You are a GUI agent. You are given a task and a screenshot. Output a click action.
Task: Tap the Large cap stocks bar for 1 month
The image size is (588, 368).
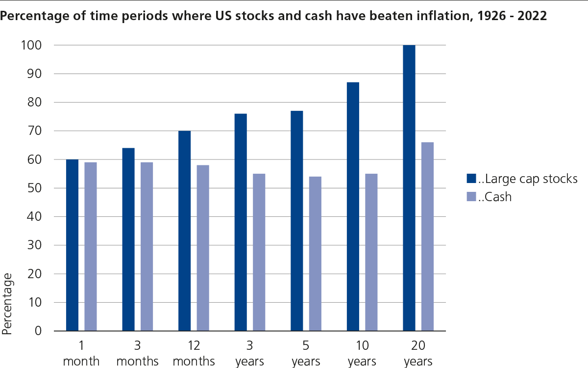[x=72, y=245]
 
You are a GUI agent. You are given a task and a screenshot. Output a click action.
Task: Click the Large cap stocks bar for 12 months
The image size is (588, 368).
[x=184, y=231]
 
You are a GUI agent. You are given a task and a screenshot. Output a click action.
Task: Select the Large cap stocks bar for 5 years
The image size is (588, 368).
[x=296, y=221]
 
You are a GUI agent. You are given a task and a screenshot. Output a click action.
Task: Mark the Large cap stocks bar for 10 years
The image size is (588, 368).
[x=353, y=207]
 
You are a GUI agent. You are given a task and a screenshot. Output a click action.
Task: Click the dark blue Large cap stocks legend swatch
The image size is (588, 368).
[x=471, y=179]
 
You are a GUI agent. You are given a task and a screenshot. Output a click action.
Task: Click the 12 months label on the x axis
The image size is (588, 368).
[x=194, y=354]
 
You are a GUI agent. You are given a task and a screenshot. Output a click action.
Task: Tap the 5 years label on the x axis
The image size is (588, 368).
[x=306, y=354]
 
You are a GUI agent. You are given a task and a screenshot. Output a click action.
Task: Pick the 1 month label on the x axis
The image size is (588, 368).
[x=82, y=354]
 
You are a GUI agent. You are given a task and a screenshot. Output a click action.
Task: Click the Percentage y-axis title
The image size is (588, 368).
[x=8, y=304]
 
